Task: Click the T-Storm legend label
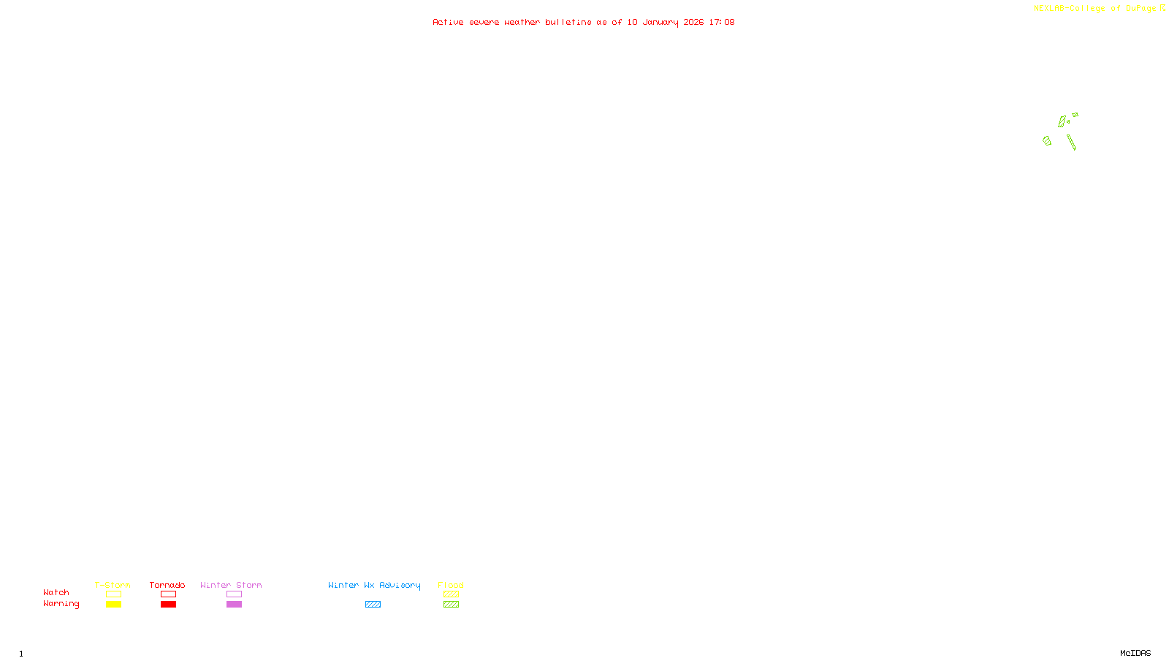pos(113,585)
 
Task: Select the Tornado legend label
pos(167,585)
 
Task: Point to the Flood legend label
pos(451,585)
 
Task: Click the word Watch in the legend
pos(56,592)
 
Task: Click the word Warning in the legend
pos(61,604)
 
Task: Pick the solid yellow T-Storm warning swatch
pos(113,605)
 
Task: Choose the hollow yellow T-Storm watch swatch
pos(113,594)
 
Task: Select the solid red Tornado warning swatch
pos(168,605)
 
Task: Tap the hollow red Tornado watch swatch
pos(168,594)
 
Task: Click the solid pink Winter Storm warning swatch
pos(234,605)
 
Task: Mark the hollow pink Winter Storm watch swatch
pos(234,594)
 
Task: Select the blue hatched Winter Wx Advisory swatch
pos(373,605)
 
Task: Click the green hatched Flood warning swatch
pos(451,605)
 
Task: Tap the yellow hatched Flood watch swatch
pos(451,594)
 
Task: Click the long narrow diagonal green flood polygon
pos(1071,143)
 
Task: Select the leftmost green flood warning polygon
pos(1047,140)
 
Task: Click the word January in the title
pos(660,22)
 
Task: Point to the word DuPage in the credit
pos(1141,9)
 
